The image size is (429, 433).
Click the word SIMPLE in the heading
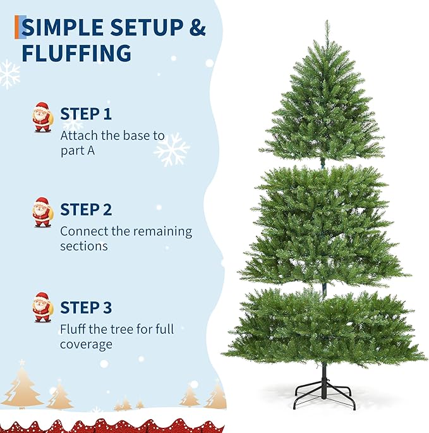click(63, 27)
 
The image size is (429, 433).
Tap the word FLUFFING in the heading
click(76, 53)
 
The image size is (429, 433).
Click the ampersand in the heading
click(198, 27)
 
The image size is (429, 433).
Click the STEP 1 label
click(86, 114)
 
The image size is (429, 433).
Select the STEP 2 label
click(86, 210)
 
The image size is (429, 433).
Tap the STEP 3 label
click(86, 308)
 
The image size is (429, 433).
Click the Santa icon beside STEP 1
click(42, 118)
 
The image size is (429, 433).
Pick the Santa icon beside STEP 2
click(42, 212)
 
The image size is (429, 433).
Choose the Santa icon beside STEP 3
click(42, 308)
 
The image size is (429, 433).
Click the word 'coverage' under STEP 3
click(86, 345)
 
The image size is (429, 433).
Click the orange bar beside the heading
click(18, 27)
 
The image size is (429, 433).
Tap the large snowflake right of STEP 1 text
click(172, 149)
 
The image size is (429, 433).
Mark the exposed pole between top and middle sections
click(324, 161)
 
